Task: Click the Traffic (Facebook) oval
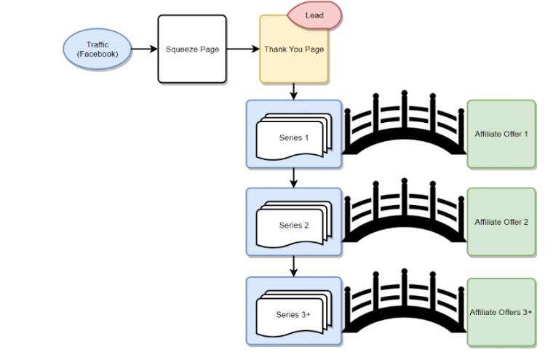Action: [x=98, y=49]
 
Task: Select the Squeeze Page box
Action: [x=192, y=49]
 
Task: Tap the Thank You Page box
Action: [x=294, y=49]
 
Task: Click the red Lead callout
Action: [x=314, y=15]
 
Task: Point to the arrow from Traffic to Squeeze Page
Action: [x=144, y=49]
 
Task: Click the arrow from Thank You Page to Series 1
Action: [x=293, y=92]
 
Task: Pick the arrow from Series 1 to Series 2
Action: [x=293, y=179]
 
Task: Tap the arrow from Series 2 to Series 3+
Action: [x=293, y=267]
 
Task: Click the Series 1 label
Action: [x=293, y=137]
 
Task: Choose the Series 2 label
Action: [x=293, y=225]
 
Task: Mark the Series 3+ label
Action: [x=293, y=314]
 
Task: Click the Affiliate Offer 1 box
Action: [x=501, y=135]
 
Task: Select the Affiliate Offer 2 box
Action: [x=501, y=222]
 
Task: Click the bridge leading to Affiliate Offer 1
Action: [x=404, y=125]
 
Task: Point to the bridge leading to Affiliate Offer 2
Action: [x=404, y=212]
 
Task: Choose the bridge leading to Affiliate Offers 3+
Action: [x=404, y=302]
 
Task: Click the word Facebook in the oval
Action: [x=98, y=55]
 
